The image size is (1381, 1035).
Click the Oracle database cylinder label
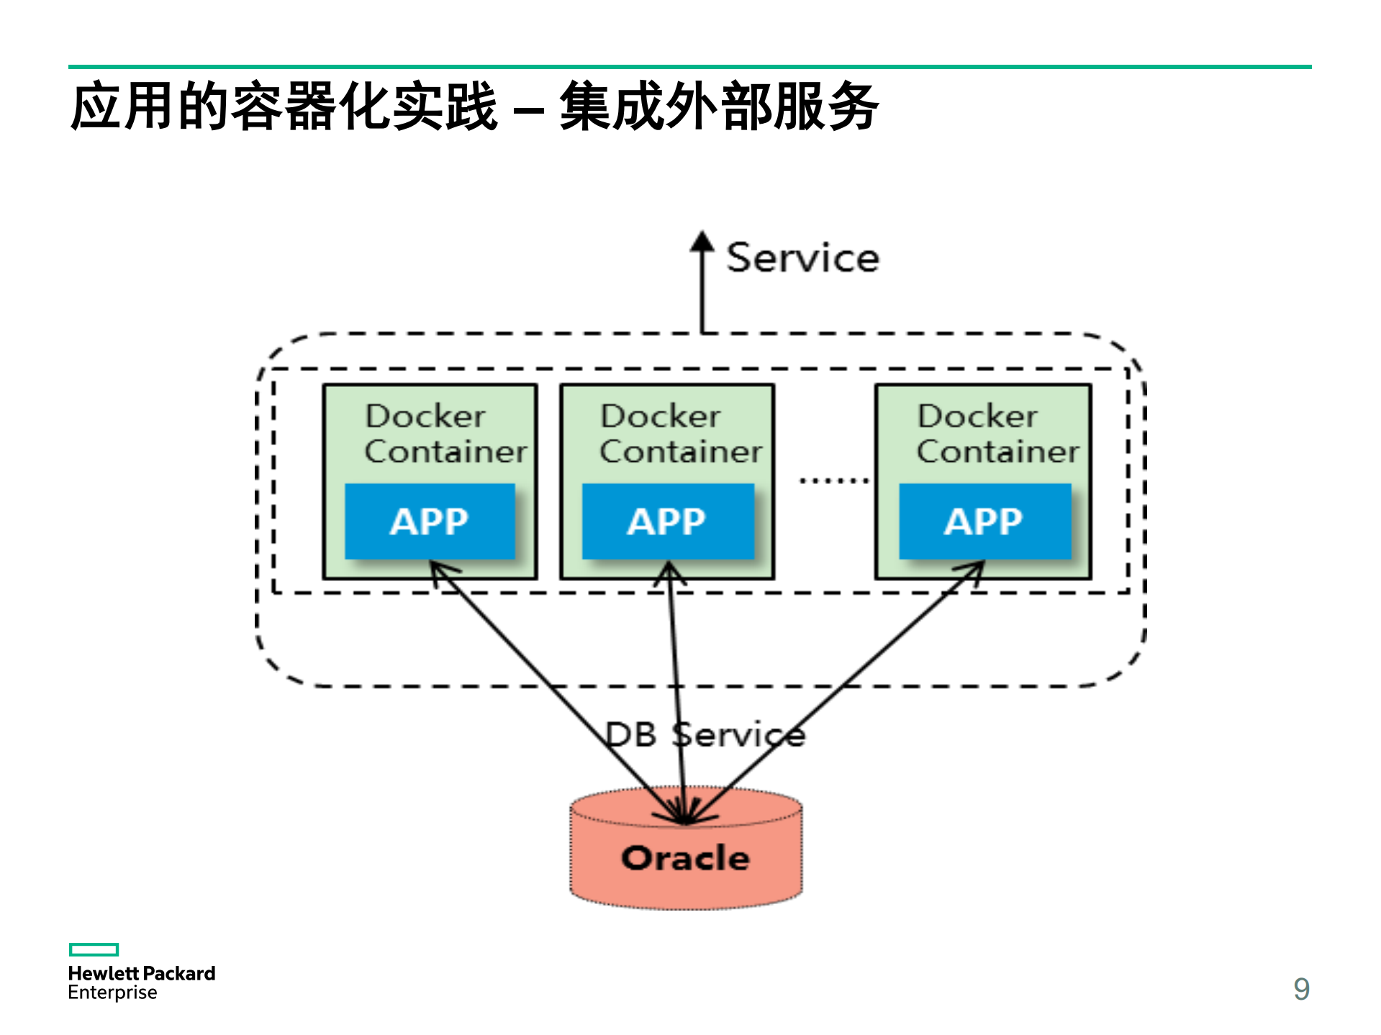click(685, 859)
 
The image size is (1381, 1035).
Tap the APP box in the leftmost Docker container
click(430, 521)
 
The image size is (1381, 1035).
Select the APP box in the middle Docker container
click(667, 521)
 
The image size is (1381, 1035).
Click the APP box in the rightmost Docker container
click(984, 521)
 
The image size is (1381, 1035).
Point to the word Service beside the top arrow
click(802, 257)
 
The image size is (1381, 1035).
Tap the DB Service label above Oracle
click(704, 734)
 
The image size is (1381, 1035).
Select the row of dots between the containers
click(834, 480)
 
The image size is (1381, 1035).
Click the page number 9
click(1301, 989)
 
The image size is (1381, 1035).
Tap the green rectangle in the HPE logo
click(94, 949)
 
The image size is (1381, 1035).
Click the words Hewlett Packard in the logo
click(142, 973)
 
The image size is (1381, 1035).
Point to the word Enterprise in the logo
click(112, 993)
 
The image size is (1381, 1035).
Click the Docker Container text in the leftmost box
click(445, 434)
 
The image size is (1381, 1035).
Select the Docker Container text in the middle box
click(680, 434)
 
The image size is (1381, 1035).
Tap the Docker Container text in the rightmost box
click(997, 434)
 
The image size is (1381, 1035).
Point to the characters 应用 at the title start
click(122, 106)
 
